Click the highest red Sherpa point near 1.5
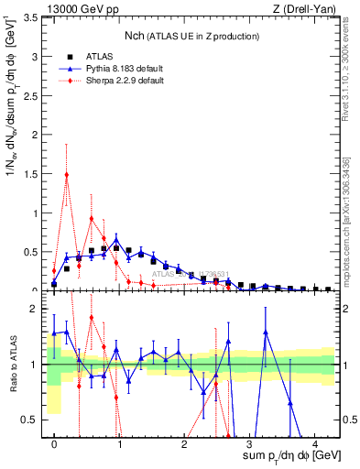[x=67, y=174]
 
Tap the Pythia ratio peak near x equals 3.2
[x=266, y=333]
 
